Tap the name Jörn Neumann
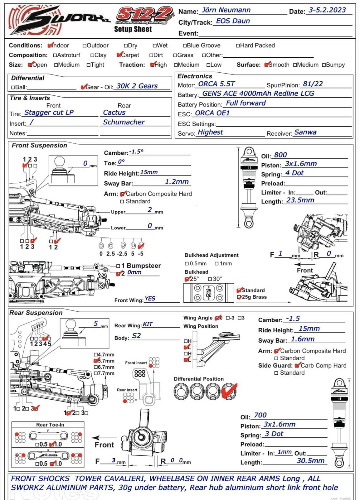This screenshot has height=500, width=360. pyautogui.click(x=226, y=10)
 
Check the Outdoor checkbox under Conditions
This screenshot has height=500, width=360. pyautogui.click(x=84, y=46)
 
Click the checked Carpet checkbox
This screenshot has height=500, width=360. pyautogui.click(x=119, y=55)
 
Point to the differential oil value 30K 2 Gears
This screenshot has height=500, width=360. pyautogui.click(x=137, y=86)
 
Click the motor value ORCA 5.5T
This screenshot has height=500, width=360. pyautogui.click(x=216, y=84)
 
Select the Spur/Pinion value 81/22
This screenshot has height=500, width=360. pyautogui.click(x=313, y=84)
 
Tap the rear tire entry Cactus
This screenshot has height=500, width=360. pyautogui.click(x=114, y=113)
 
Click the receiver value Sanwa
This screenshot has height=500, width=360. pyautogui.click(x=305, y=132)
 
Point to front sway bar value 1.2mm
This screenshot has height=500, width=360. pyautogui.click(x=177, y=182)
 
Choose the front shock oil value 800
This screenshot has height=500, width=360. pyautogui.click(x=280, y=155)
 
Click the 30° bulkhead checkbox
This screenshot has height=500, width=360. pyautogui.click(x=210, y=279)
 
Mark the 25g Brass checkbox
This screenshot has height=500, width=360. pyautogui.click(x=239, y=297)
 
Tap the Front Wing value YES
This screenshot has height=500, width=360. pyautogui.click(x=150, y=299)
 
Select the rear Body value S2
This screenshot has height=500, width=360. pyautogui.click(x=136, y=336)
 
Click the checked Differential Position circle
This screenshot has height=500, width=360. pyautogui.click(x=229, y=391)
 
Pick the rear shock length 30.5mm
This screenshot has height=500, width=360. pyautogui.click(x=310, y=461)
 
